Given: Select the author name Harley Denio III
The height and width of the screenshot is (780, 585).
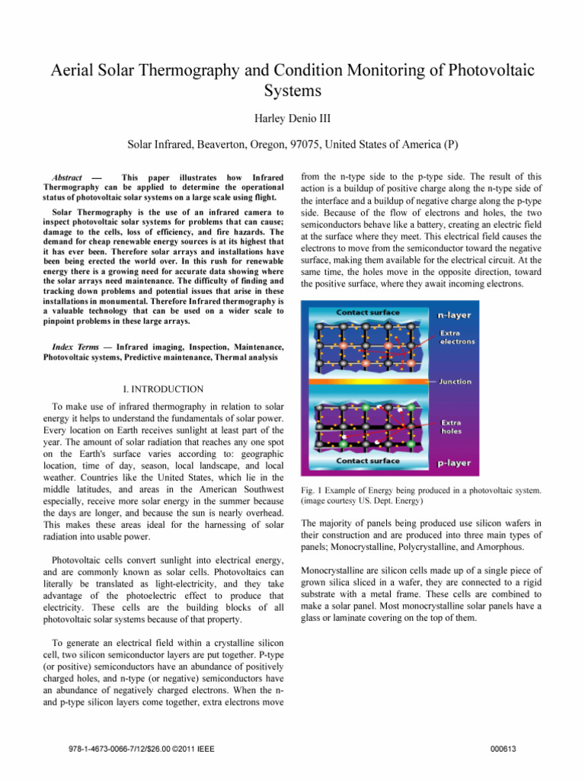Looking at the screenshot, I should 292,120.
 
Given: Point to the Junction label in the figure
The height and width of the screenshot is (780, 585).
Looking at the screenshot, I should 455,382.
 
